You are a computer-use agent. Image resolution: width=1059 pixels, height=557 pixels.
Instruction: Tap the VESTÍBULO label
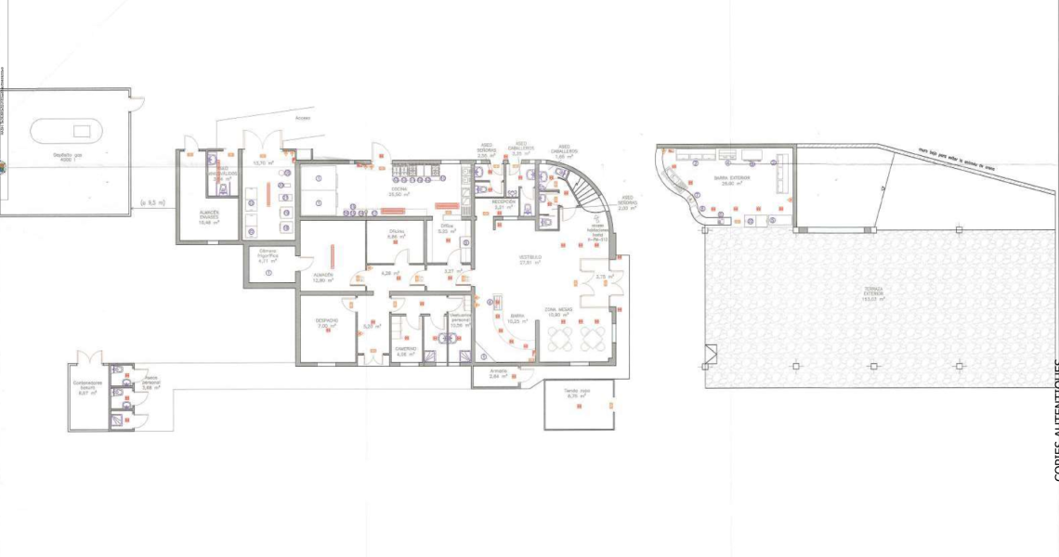(x=530, y=257)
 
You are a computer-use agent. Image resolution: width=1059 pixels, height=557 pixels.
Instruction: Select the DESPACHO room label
(x=327, y=320)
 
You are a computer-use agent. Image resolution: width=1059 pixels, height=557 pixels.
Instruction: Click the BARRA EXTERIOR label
(x=733, y=177)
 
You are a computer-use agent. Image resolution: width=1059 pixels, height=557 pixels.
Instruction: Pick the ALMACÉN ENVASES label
(x=209, y=214)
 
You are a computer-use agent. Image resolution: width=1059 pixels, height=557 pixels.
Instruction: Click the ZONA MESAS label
(x=558, y=310)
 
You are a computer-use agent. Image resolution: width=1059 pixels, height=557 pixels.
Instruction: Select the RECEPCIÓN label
(x=503, y=201)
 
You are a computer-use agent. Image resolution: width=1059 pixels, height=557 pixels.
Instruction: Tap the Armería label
(x=499, y=370)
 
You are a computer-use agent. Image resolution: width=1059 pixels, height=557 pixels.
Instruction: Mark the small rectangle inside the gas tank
(x=82, y=131)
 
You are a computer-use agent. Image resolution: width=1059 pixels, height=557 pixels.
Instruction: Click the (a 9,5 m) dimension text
(x=152, y=201)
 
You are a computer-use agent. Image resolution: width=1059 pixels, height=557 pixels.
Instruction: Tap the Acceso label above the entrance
(x=303, y=119)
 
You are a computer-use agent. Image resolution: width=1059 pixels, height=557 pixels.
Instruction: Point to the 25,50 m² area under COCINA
(x=399, y=196)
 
